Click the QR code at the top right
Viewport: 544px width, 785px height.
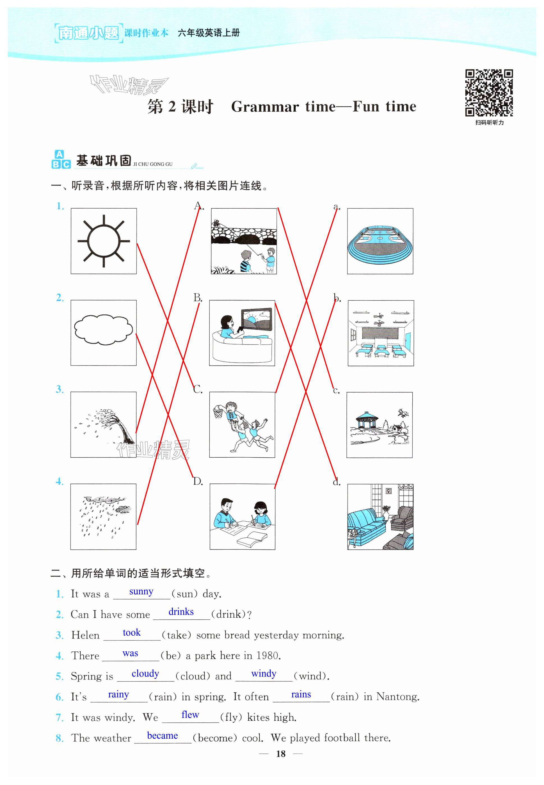(x=489, y=93)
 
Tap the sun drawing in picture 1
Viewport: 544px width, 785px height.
(x=104, y=241)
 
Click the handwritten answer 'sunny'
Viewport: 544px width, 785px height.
(x=141, y=591)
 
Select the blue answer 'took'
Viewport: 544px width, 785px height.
(x=132, y=633)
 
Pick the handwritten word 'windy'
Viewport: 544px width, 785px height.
(x=264, y=674)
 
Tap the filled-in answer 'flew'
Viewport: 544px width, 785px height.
(x=190, y=715)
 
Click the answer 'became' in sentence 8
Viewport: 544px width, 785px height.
(x=162, y=736)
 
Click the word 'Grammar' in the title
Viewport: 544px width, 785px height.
(x=265, y=107)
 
